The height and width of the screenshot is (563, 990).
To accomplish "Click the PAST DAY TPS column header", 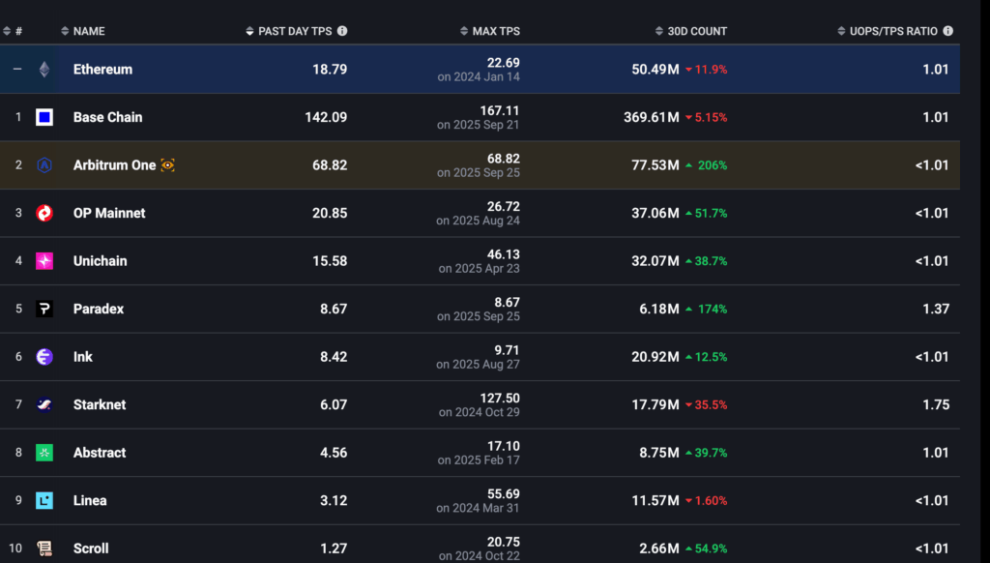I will tap(294, 31).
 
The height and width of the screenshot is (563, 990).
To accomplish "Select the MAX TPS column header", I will tap(497, 31).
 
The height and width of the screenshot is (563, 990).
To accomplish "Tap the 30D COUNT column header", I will tap(696, 31).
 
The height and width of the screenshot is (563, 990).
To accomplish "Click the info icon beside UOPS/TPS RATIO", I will tap(948, 31).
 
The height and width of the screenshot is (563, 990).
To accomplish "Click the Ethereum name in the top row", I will tap(102, 70).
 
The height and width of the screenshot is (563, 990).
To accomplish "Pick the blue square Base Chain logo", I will tap(44, 117).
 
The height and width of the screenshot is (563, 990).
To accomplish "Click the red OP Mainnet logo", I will tap(44, 213).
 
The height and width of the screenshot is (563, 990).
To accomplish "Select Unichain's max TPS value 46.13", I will tap(501, 254).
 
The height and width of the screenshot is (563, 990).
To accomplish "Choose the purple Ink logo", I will tap(44, 357).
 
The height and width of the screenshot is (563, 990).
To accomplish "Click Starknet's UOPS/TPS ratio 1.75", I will tap(935, 404).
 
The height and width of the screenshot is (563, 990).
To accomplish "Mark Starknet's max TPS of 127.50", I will tap(499, 398).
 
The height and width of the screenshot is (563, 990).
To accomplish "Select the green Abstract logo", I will tap(44, 453).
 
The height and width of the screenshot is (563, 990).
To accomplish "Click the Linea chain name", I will tap(90, 500).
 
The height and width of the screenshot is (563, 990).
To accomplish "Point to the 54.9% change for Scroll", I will tap(711, 548).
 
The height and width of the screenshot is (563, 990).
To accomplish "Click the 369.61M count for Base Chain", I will tap(651, 117).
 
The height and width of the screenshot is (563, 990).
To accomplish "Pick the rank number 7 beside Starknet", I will tap(18, 404).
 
